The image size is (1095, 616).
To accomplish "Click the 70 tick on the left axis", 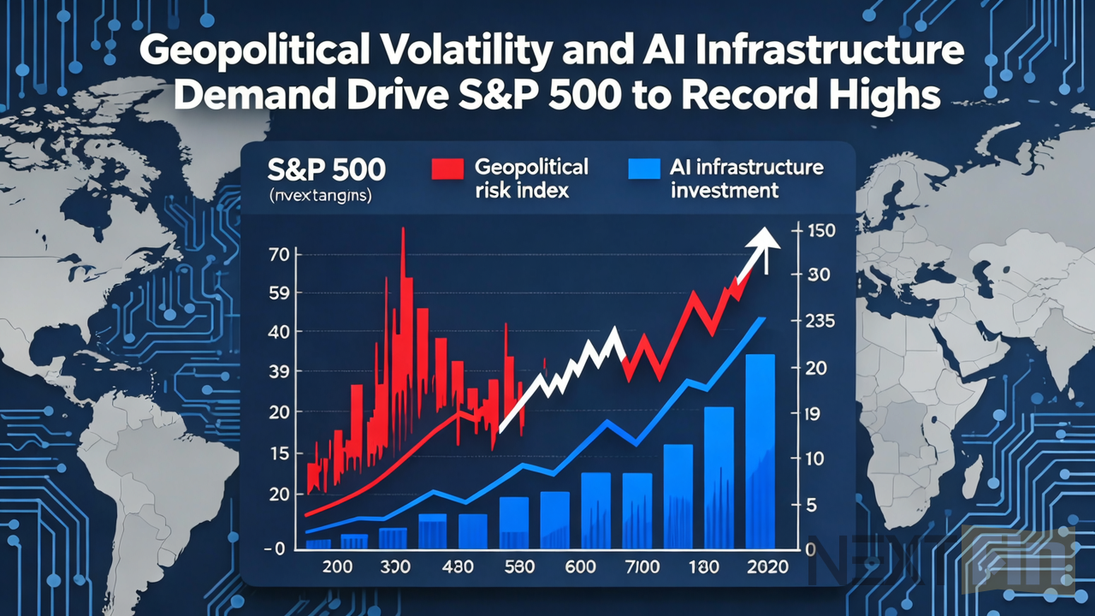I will click(x=280, y=254).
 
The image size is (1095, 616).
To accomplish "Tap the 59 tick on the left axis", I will click(x=280, y=293).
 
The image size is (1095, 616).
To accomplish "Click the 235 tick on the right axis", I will click(x=820, y=322).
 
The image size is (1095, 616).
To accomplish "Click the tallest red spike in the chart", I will click(x=403, y=257).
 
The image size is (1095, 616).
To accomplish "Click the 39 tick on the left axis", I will click(x=280, y=372).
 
